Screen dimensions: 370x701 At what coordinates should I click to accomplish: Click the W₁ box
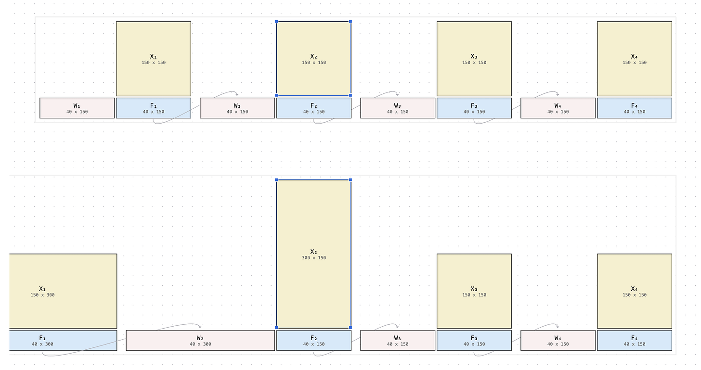click(77, 108)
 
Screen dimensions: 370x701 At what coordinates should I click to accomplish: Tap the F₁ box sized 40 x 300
click(63, 341)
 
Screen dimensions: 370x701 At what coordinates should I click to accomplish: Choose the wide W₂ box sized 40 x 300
click(200, 341)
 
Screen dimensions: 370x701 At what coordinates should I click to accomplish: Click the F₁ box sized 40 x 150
click(153, 108)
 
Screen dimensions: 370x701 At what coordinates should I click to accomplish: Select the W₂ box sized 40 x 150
click(237, 108)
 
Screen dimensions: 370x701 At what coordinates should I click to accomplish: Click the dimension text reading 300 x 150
click(314, 258)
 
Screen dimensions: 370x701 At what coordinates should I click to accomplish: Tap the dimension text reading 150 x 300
click(43, 295)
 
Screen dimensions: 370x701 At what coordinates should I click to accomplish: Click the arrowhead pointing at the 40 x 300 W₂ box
click(200, 327)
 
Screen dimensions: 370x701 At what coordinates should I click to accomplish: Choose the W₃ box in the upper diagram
click(398, 108)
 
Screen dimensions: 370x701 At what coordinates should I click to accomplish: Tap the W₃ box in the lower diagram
click(398, 341)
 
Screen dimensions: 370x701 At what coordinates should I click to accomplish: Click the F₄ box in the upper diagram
click(634, 108)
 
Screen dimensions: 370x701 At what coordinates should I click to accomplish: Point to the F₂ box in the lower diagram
click(313, 341)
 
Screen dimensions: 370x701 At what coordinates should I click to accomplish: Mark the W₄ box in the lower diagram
click(558, 341)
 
